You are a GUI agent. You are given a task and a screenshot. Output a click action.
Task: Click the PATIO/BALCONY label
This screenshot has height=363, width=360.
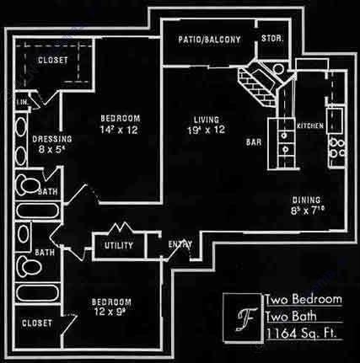tap(210, 40)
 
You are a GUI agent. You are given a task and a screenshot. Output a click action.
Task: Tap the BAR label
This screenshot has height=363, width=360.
tap(253, 144)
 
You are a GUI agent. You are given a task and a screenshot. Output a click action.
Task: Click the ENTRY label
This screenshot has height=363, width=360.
tap(180, 245)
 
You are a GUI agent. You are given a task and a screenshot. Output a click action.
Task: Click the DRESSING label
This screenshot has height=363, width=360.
tap(51, 139)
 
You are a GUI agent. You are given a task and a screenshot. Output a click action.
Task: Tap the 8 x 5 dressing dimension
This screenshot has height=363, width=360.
tap(51, 150)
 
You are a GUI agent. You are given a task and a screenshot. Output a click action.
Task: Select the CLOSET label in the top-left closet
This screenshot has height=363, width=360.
tap(54, 60)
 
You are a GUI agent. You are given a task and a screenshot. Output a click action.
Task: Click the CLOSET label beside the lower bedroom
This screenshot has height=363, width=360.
tap(37, 323)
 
